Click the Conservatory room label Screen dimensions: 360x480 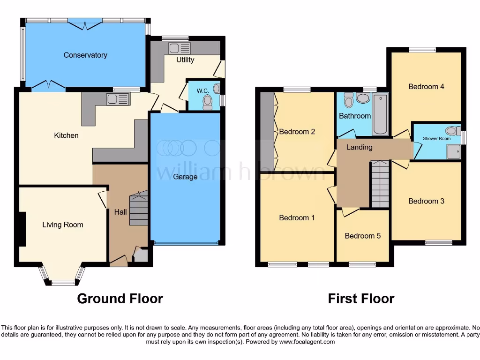[x=85, y=55]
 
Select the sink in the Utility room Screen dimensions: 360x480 [x=180, y=48]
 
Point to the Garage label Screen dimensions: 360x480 [x=185, y=177]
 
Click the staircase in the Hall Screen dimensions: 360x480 [x=139, y=208]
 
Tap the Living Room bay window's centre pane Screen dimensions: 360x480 [x=63, y=282]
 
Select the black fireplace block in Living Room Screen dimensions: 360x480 [x=22, y=228]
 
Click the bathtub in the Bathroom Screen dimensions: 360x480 [x=379, y=113]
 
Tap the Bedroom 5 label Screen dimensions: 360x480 [x=363, y=236]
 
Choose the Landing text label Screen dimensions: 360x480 [x=359, y=147]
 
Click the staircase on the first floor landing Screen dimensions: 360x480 [x=380, y=184]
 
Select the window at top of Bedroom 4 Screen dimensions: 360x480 [x=422, y=50]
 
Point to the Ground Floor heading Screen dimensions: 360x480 [x=120, y=299]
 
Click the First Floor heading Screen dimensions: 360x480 [x=361, y=299]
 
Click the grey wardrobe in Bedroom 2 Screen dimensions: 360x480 [x=267, y=131]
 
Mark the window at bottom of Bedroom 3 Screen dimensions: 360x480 [x=439, y=242]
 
